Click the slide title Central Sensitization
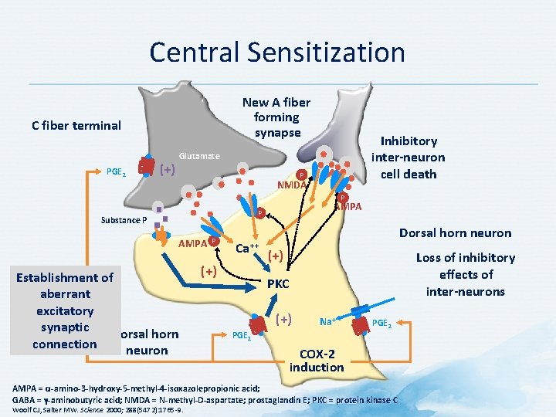[x=277, y=53]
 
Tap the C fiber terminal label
[x=76, y=125]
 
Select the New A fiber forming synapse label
[x=276, y=117]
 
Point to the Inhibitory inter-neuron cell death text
[x=408, y=158]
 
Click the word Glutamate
[x=199, y=157]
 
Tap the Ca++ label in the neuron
[x=247, y=249]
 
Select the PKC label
[x=278, y=284]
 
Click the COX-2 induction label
[x=316, y=360]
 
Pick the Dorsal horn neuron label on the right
[x=455, y=232]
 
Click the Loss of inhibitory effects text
[x=465, y=274]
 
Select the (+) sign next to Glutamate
[x=165, y=169]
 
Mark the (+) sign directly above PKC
[x=275, y=256]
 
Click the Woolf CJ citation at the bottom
[x=93, y=409]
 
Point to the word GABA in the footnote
[x=23, y=399]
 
